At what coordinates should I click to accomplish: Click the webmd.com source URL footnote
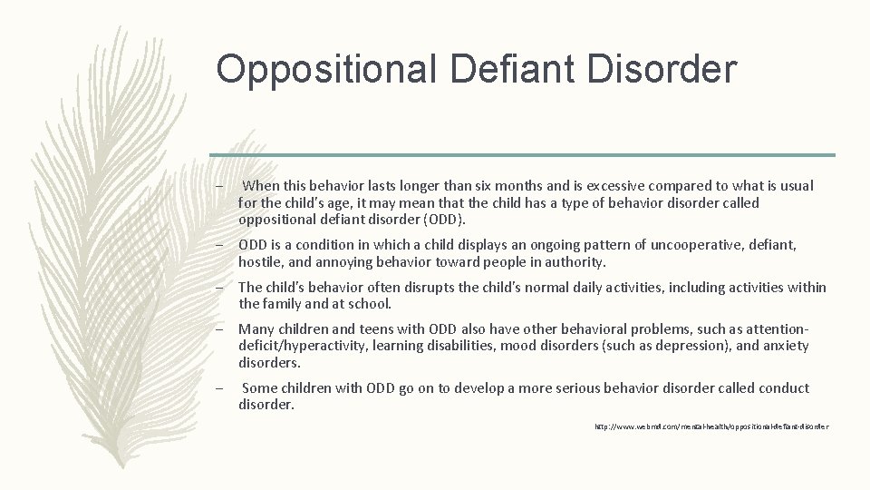711,426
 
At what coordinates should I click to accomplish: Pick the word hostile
260,262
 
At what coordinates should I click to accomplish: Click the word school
368,304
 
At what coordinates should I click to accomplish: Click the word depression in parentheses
690,346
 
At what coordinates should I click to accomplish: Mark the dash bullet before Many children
220,329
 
